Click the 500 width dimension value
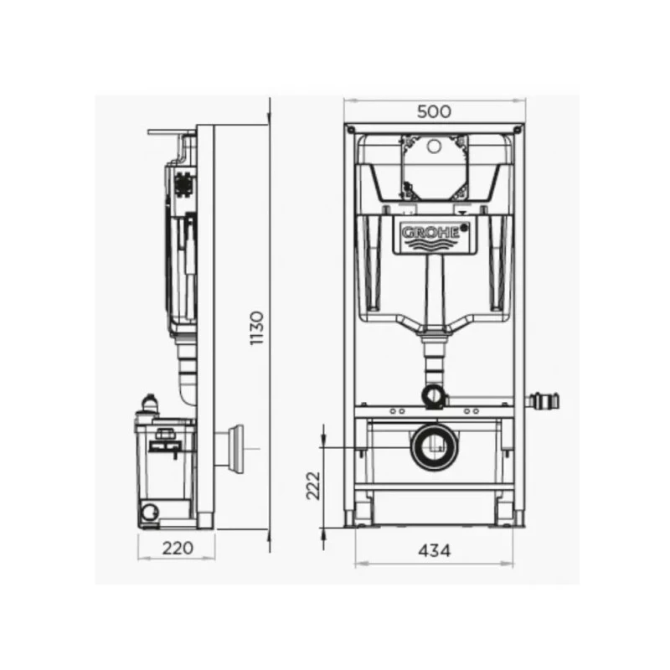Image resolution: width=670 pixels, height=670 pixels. tap(434, 111)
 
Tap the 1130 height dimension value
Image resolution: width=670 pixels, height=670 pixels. tap(257, 328)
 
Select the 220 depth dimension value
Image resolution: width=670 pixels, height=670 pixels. tap(178, 548)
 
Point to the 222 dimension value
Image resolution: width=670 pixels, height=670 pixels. tap(313, 486)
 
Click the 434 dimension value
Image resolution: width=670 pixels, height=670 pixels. tap(434, 551)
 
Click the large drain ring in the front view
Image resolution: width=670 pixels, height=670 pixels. tap(434, 447)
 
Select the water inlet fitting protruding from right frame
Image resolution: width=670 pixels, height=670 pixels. tap(542, 401)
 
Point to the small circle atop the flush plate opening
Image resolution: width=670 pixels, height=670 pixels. tap(434, 146)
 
